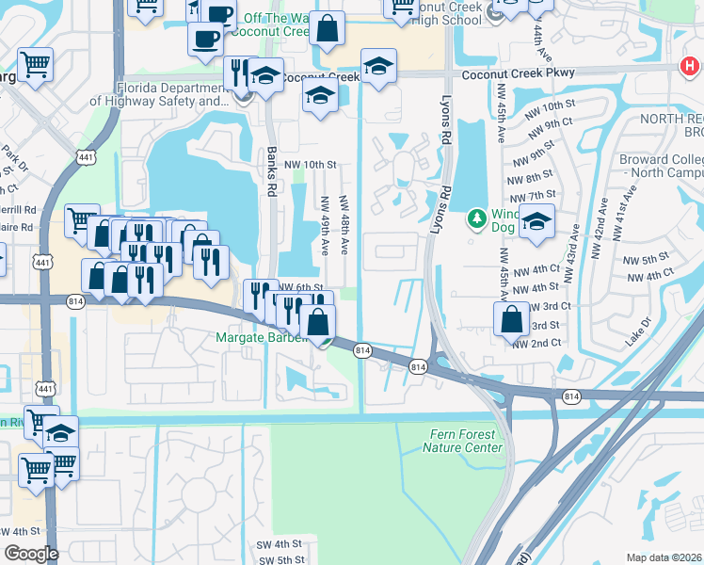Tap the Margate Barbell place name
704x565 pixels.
pos(263,337)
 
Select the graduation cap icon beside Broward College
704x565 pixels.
pos(536,222)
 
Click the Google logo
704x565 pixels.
pos(31,554)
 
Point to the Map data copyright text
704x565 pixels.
pos(664,557)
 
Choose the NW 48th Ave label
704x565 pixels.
pos(345,222)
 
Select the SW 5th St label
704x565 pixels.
pos(280,560)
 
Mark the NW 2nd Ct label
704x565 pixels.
pos(536,344)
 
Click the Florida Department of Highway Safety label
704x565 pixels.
pos(159,94)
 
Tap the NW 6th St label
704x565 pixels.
pos(301,287)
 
